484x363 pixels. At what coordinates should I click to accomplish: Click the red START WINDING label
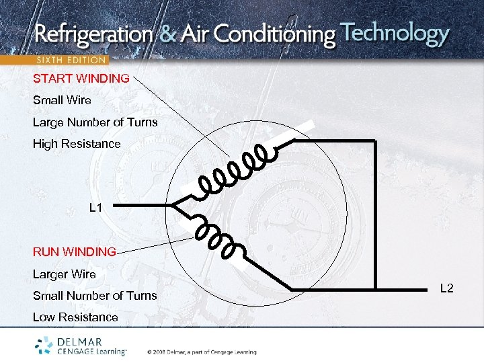coord(81,79)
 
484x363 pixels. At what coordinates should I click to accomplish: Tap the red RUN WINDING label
coord(75,252)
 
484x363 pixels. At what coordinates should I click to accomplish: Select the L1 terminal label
coord(96,208)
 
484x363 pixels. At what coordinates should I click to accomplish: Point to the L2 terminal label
coord(447,288)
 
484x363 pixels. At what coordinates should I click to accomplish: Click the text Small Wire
coord(62,100)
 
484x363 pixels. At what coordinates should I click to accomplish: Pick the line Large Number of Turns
coord(95,122)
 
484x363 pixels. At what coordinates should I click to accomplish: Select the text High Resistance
coord(77,144)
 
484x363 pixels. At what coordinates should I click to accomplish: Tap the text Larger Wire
coord(65,274)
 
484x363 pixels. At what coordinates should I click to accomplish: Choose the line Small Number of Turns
coord(95,296)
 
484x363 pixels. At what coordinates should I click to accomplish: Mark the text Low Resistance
coord(75,317)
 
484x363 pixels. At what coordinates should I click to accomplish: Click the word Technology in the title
coord(395,33)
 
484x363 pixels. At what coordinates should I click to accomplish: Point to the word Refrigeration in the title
coord(93,35)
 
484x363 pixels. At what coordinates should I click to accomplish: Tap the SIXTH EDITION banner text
coord(71,60)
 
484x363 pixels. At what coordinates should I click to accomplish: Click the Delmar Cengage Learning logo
coord(81,346)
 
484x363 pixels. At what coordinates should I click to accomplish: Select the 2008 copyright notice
coord(198,352)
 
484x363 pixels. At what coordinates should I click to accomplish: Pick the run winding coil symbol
coord(218,238)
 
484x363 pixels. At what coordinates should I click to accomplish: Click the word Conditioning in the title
coord(276,35)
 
